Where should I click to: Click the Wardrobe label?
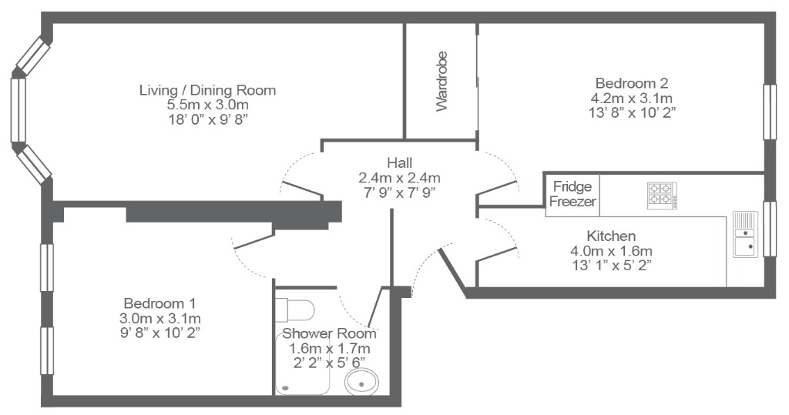(442, 92)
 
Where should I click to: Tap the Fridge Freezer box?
(571, 195)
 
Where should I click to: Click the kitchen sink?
(744, 234)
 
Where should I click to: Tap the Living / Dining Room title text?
(207, 90)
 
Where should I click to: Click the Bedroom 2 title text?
(631, 83)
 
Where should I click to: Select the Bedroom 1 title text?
(154, 303)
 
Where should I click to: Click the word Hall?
(399, 162)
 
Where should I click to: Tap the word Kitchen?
(611, 236)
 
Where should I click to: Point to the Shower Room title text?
(329, 333)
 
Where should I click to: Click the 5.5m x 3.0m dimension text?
(207, 105)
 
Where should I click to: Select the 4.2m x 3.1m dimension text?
(631, 98)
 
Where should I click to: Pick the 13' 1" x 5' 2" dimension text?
(611, 266)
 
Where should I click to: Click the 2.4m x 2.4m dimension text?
(399, 177)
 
